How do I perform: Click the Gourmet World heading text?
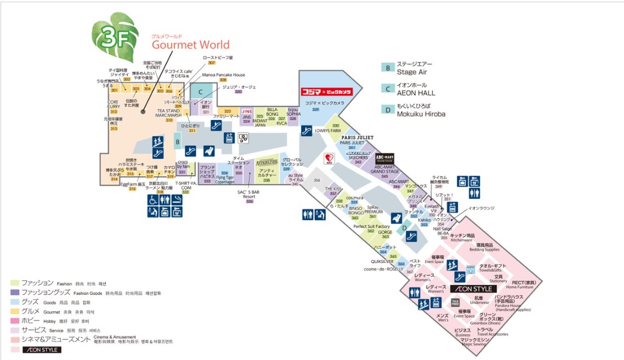[190, 44]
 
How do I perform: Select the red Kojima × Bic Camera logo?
[326, 92]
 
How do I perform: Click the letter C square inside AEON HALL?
[201, 92]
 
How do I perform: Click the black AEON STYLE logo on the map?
[473, 288]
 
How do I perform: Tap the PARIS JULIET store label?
[358, 138]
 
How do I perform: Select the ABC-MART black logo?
[384, 158]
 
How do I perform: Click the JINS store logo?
[247, 111]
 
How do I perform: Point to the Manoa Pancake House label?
[223, 75]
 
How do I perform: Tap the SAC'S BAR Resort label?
[249, 195]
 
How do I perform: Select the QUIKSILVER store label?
[382, 262]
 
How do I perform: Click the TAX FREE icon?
[455, 302]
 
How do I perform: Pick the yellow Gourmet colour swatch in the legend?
[15, 311]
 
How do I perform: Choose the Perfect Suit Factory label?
[371, 226]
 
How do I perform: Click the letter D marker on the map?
[405, 228]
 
